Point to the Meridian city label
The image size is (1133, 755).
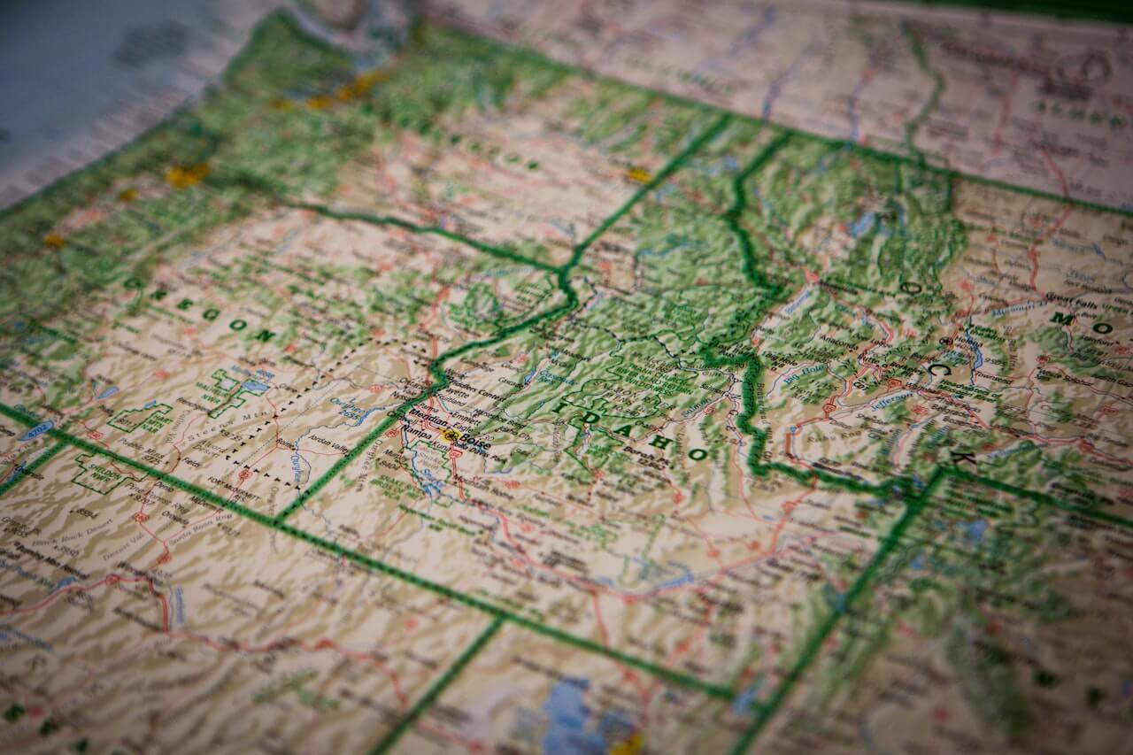(x=427, y=421)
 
